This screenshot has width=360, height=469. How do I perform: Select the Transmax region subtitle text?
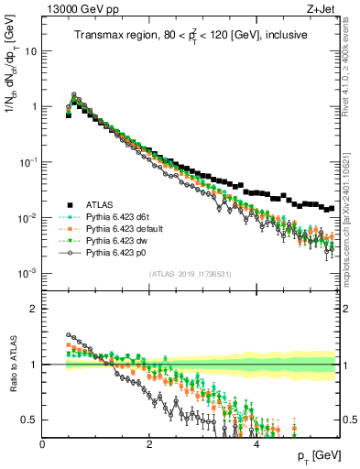pos(191,35)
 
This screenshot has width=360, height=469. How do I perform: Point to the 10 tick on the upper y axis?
pos(30,50)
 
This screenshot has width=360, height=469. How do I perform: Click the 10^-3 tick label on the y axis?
pos(27,273)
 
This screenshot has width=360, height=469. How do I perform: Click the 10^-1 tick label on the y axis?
pos(27,162)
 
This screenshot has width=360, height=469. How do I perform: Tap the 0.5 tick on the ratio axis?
pos(27,420)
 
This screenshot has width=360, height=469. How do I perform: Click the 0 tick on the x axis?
pos(43,444)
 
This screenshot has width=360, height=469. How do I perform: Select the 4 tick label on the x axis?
pos(256,444)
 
